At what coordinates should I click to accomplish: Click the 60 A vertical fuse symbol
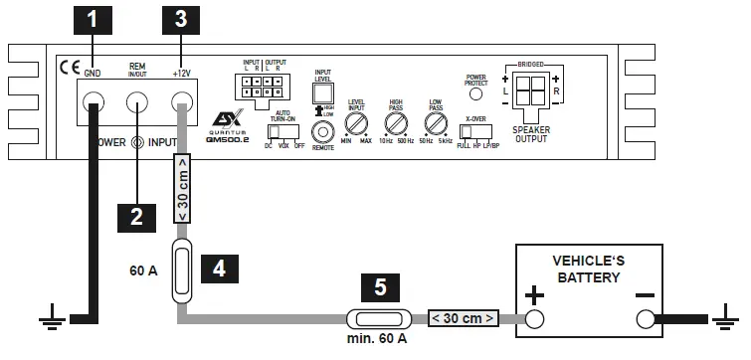(x=182, y=269)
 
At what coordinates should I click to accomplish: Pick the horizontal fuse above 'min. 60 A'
(x=381, y=320)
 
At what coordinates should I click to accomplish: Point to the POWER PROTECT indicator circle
(x=476, y=96)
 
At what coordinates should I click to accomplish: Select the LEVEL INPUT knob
(x=356, y=124)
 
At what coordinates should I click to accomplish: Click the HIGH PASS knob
(x=396, y=124)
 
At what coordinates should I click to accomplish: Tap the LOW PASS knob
(x=435, y=124)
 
